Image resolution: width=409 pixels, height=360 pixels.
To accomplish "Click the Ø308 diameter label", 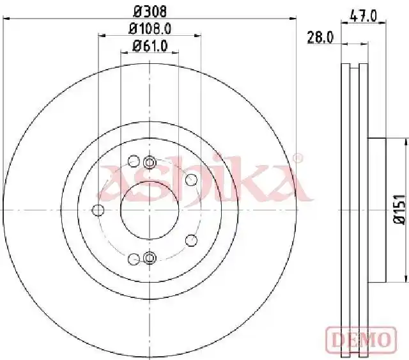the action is (150, 12).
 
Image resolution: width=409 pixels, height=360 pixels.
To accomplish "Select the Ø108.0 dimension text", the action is (150, 28).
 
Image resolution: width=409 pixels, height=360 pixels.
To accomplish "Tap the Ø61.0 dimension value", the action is (150, 46).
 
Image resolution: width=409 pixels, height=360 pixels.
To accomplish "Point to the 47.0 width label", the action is (364, 16).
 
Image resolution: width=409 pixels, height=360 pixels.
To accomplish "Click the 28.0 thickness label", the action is (320, 37).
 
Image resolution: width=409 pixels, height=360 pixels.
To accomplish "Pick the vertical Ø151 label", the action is (399, 209).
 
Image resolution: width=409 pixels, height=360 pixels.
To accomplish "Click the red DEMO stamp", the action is (361, 340).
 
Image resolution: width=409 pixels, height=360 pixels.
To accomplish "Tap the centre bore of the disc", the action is (150, 210).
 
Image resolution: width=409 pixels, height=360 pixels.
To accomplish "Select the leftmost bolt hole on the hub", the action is (98, 210).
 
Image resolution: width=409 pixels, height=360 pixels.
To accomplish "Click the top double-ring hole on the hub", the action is (150, 162).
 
